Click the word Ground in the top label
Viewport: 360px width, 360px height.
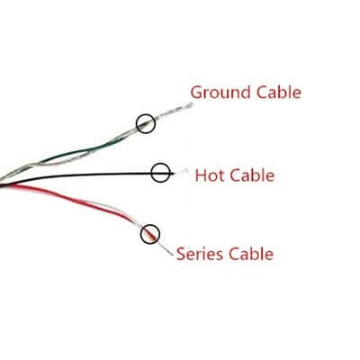point(220,92)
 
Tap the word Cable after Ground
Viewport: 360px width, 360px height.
point(279,92)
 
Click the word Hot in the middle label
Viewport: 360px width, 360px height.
point(210,175)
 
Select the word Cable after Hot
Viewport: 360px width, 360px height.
point(252,175)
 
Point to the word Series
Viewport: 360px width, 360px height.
point(200,254)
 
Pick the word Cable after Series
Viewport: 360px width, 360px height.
point(251,254)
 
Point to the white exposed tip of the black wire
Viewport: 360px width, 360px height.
point(181,172)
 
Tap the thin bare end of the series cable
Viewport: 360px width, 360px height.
point(166,249)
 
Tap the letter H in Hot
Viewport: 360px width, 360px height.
point(201,175)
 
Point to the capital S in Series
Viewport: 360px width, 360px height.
point(181,254)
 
